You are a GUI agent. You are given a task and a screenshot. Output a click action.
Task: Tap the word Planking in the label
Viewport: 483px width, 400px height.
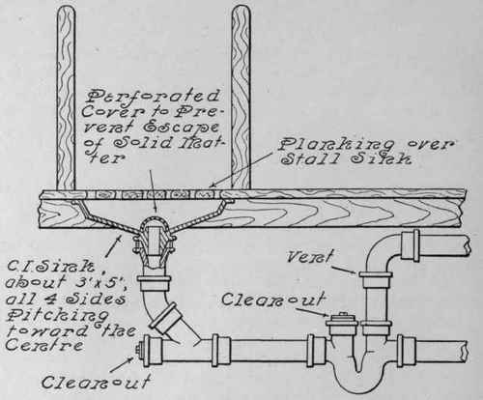(x=336, y=145)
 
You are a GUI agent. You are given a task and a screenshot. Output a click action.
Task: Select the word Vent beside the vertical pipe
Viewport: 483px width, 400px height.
(x=309, y=257)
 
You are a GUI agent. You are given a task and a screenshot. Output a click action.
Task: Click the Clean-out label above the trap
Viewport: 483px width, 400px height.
(x=273, y=299)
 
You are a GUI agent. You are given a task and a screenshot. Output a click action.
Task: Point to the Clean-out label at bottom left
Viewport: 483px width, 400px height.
(x=96, y=382)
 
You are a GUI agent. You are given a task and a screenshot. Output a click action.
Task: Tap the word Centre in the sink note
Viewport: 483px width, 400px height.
(x=44, y=345)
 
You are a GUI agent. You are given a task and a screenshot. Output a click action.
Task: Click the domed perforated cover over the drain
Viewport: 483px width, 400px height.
(x=156, y=222)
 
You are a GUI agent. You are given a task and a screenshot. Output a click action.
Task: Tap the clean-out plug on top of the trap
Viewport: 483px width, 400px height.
(x=342, y=322)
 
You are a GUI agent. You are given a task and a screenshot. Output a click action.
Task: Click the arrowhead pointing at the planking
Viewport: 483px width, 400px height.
(x=212, y=186)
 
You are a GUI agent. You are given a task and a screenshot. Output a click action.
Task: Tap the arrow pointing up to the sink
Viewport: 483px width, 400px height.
(x=113, y=246)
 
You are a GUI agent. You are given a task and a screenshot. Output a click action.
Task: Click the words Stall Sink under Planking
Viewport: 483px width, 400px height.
(x=346, y=159)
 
